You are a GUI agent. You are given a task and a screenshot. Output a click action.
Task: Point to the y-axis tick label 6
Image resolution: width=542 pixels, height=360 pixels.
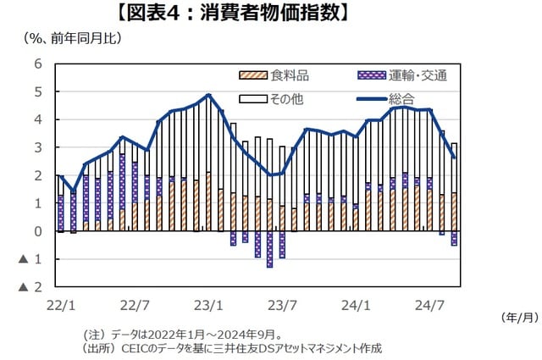coord(37,64)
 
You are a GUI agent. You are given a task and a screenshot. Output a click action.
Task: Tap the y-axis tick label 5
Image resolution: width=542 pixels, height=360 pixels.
coord(37,91)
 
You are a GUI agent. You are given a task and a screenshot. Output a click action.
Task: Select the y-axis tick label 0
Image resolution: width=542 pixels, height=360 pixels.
coord(37,231)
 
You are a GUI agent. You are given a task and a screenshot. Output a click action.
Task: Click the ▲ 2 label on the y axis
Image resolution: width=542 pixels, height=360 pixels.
coord(31,287)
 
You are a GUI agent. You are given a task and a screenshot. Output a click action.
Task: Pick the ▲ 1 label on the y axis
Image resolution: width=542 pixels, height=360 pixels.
coord(31,259)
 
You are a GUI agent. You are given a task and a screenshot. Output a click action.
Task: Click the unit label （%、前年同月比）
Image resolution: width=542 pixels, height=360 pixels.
coord(60,37)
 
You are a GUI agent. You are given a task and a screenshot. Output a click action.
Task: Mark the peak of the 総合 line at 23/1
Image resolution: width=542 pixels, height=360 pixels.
coord(208,95)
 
